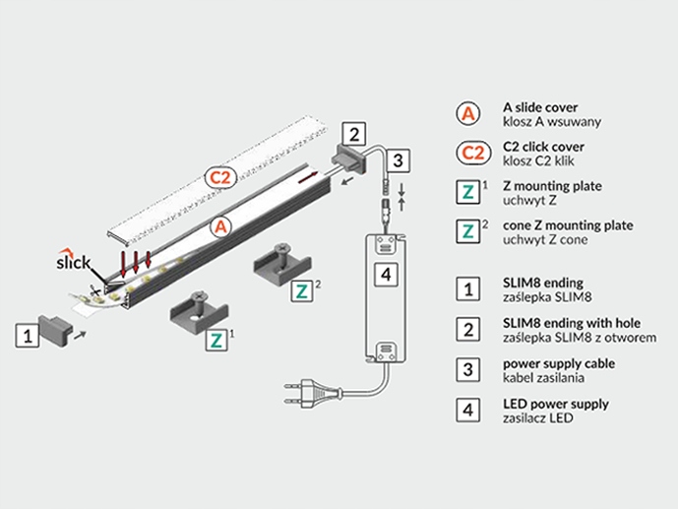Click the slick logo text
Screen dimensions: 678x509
click(73, 262)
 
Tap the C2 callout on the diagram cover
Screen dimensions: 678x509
click(220, 177)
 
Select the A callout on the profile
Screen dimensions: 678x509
click(221, 226)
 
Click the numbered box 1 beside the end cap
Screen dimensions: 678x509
click(28, 335)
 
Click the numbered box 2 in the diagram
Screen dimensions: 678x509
click(353, 134)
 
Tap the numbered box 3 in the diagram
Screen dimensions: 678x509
click(398, 160)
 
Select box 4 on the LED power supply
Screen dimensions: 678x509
click(386, 274)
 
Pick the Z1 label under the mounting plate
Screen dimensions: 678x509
click(216, 340)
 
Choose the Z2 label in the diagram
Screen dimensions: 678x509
click(302, 291)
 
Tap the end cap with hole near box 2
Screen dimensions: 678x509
click(348, 159)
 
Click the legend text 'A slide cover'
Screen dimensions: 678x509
click(540, 107)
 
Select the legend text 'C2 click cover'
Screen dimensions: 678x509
click(543, 147)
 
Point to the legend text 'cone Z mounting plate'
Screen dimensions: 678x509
click(568, 225)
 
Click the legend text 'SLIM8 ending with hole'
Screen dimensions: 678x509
click(572, 323)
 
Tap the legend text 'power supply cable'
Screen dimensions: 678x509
click(559, 363)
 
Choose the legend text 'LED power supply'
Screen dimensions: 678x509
click(556, 404)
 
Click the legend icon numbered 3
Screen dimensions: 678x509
click(467, 370)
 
